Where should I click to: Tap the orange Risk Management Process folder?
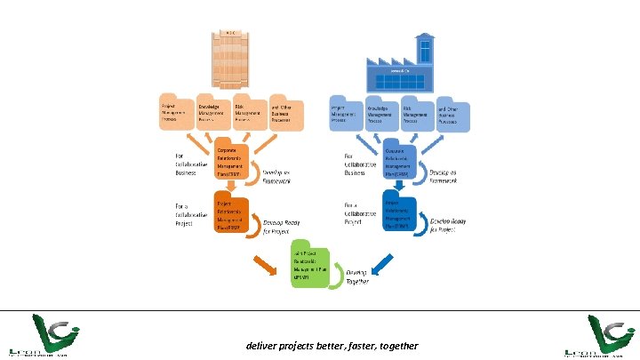coord(250,112)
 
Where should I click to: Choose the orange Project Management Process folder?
coord(175,114)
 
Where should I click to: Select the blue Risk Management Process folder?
coord(420,112)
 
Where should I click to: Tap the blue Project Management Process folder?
coord(347,113)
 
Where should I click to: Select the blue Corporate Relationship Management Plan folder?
coord(402,160)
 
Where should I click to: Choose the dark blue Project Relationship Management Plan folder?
coord(400,213)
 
